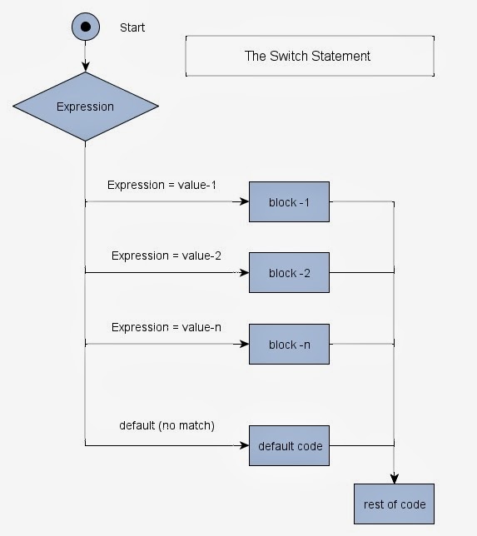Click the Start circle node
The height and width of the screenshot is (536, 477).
[85, 27]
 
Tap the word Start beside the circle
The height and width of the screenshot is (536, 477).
[132, 27]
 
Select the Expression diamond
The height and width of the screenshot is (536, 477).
[85, 106]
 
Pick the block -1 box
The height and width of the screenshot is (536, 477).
[289, 201]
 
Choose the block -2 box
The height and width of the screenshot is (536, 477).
[289, 273]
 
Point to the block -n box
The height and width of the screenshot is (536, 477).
[289, 345]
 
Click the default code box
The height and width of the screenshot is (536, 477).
[289, 446]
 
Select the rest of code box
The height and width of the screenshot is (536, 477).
[394, 504]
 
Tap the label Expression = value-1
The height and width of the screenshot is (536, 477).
[161, 184]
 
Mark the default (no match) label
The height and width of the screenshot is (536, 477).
[166, 425]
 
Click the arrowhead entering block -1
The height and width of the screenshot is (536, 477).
[245, 201]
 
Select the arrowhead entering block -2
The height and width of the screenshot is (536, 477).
[245, 273]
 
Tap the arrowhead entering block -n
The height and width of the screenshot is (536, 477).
[245, 345]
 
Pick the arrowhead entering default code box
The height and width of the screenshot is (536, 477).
[245, 446]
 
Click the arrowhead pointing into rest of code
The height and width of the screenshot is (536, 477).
[394, 479]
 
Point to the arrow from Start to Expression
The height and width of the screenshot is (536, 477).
[85, 58]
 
